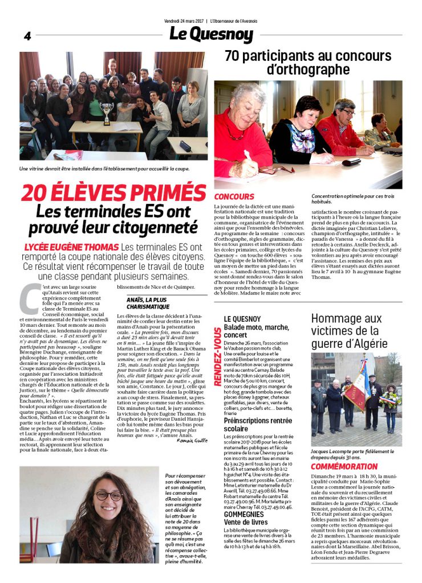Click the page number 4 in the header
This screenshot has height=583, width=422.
coord(27,36)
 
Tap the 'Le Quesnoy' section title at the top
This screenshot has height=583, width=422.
coord(211,34)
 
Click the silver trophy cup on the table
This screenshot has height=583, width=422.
coord(107,111)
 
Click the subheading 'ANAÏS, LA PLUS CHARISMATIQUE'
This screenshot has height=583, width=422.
coord(148,302)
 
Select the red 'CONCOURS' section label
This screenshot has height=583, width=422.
coord(234,196)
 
